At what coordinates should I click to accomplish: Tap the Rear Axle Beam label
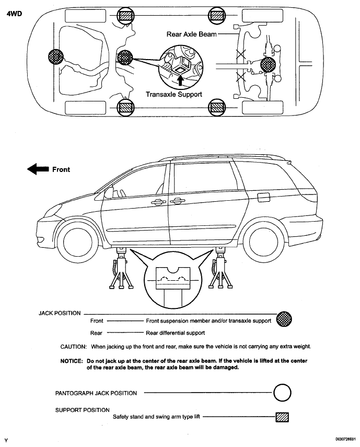(x=191, y=34)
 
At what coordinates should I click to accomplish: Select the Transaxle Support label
(x=173, y=95)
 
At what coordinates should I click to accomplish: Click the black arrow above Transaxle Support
(x=181, y=79)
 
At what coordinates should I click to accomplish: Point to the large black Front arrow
(x=37, y=169)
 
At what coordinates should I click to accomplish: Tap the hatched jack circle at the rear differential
(x=268, y=66)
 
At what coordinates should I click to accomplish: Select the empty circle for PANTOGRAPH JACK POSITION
(x=282, y=392)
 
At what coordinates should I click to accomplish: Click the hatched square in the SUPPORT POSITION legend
(x=282, y=417)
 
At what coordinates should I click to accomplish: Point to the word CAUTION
(x=73, y=347)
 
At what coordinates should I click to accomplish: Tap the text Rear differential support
(x=176, y=333)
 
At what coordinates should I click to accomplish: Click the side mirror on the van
(x=108, y=193)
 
